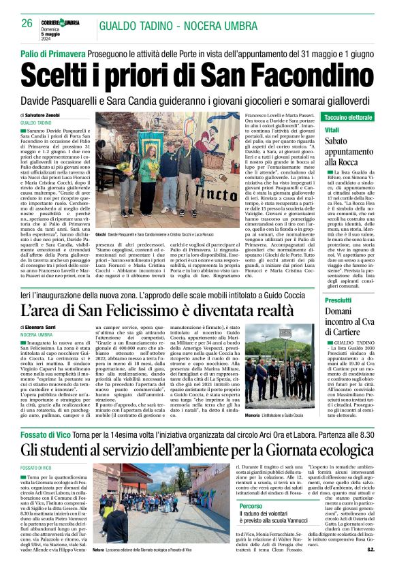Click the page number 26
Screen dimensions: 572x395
(27, 22)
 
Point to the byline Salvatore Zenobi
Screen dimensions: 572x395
(55, 116)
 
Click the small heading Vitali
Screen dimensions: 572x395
(332, 129)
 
